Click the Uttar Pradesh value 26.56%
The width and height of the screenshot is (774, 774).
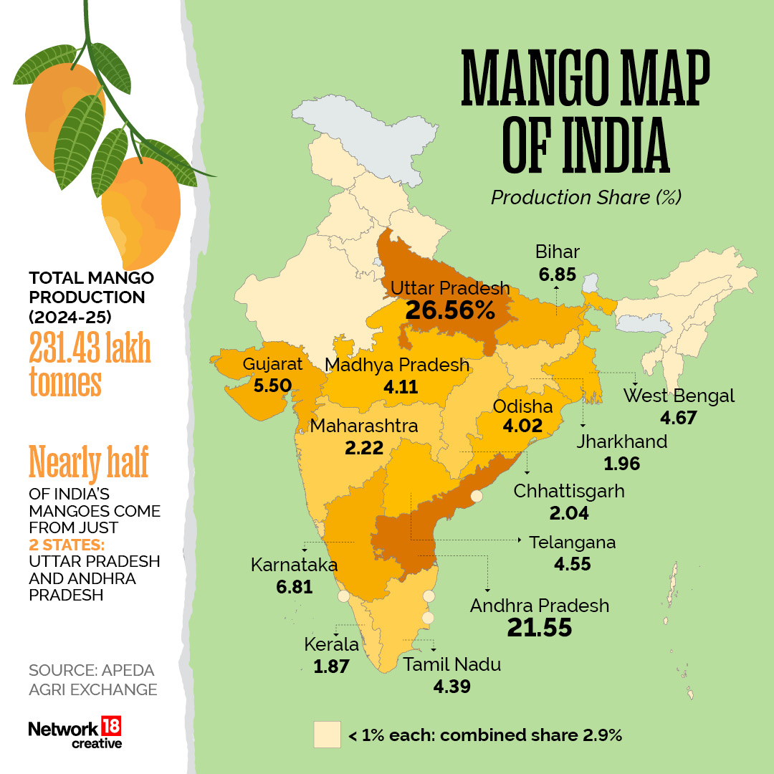449,310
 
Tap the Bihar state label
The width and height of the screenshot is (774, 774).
557,252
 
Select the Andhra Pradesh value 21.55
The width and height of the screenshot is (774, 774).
540,628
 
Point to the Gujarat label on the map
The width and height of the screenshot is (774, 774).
272,364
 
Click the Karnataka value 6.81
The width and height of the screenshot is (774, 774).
294,587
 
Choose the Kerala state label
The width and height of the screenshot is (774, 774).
331,644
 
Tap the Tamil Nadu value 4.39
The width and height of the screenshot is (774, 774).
451,687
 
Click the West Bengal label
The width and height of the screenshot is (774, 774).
679,396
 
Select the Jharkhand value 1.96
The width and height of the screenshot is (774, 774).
621,463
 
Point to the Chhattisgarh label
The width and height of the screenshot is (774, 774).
569,492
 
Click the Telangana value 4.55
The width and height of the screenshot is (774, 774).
572,564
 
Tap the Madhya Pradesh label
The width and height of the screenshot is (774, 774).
397,365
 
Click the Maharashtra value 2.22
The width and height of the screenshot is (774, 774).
363,448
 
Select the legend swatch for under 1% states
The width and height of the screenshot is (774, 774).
326,735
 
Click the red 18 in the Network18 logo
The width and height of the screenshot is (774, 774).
111,726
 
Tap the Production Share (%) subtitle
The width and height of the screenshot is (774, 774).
586,197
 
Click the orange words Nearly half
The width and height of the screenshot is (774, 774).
88,462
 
